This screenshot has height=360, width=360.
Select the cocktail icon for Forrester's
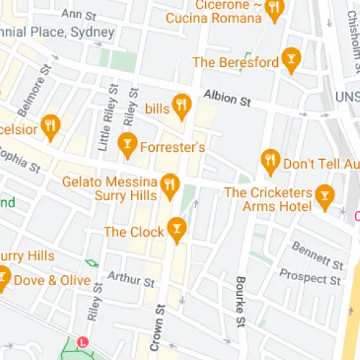click(x=127, y=144)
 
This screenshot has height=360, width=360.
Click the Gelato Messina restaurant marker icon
click(x=170, y=185)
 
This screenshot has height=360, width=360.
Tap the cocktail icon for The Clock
click(x=176, y=229)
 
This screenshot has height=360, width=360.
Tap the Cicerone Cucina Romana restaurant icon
click(x=274, y=9)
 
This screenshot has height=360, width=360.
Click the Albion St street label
click(x=226, y=98)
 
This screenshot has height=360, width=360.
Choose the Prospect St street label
click(x=310, y=277)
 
